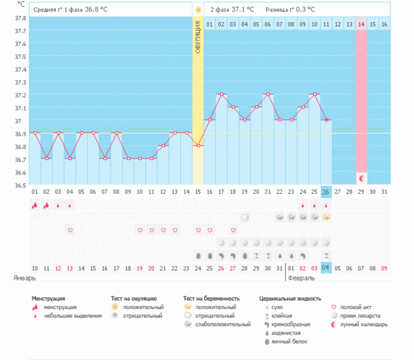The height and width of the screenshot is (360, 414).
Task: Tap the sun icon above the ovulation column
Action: point(198,10)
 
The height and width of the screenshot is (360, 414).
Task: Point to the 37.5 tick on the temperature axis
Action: point(21,57)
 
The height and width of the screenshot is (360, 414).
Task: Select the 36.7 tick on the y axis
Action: point(21,159)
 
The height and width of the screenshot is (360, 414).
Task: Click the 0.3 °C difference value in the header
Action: point(305,10)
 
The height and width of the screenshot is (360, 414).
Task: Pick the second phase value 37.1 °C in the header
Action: point(241,10)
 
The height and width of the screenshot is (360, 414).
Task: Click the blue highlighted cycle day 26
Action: point(326,191)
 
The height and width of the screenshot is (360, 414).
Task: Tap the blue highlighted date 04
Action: point(326,268)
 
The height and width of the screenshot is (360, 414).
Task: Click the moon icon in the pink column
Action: point(362,178)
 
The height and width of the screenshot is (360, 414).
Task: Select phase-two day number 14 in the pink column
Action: point(362,24)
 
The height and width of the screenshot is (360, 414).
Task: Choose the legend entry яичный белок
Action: point(290,341)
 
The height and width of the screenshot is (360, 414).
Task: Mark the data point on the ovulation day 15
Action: point(198,146)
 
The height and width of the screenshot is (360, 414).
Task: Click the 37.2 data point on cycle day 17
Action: point(221,94)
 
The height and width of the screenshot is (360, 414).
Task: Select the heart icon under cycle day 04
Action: point(70,230)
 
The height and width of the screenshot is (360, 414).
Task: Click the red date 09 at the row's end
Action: point(384,268)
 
